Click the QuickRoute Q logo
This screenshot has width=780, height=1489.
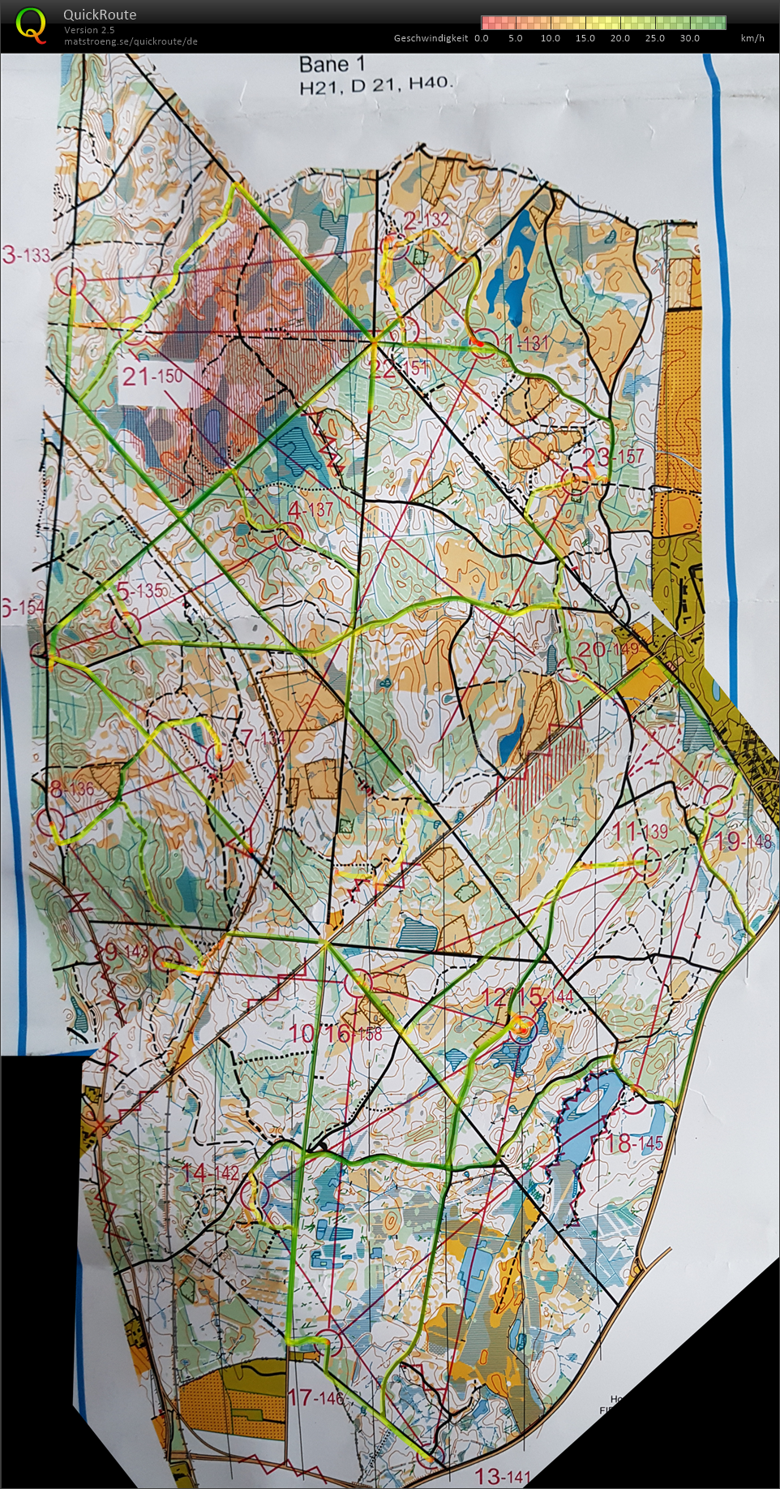31,24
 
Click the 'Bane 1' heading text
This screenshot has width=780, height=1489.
332,65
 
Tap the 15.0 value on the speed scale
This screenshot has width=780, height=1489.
585,38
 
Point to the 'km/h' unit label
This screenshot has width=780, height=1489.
752,38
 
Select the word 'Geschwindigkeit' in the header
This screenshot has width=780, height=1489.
431,38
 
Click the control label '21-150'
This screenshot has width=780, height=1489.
153,376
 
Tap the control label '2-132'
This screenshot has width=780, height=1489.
426,220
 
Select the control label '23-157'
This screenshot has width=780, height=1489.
614,457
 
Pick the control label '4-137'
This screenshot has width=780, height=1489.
311,510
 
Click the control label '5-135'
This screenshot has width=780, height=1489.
140,591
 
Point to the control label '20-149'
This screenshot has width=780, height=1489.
609,648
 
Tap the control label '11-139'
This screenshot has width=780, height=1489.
641,831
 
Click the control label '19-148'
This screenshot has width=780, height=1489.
743,841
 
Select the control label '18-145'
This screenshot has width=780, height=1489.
634,1143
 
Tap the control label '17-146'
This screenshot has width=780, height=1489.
315,1396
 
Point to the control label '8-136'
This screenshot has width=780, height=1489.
71,789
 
